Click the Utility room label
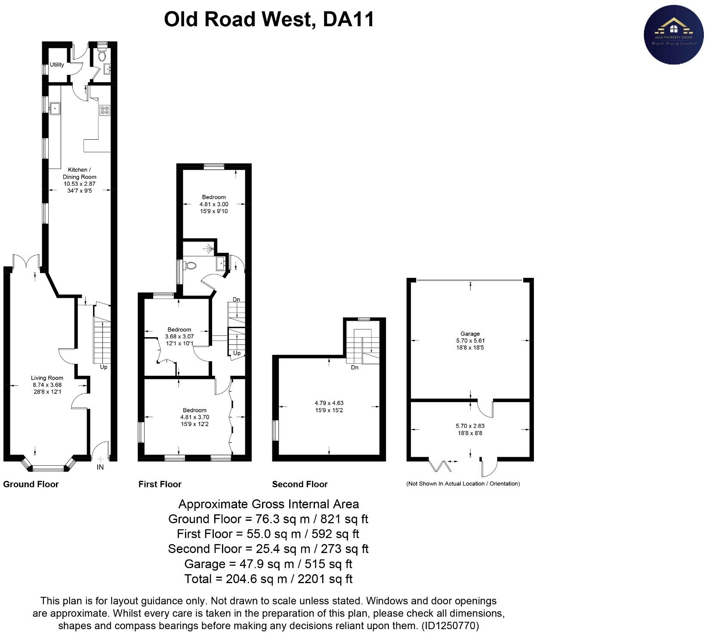coord(57,65)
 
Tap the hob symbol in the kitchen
coord(105,110)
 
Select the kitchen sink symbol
coord(55,108)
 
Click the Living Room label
coord(47,378)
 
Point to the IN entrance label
coord(100,467)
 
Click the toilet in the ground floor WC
coord(102,55)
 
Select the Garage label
coord(470,334)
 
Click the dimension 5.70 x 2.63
coord(470,426)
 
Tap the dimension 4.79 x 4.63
coord(329,403)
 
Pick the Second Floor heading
coord(300,484)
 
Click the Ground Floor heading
coord(31,484)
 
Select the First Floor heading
coord(160,484)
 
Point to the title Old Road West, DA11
coord(269,19)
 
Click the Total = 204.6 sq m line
coord(268,579)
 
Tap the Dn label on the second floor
coord(354,368)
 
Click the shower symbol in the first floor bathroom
coord(210,248)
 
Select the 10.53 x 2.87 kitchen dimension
coord(80,184)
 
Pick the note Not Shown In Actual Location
coord(463,484)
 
